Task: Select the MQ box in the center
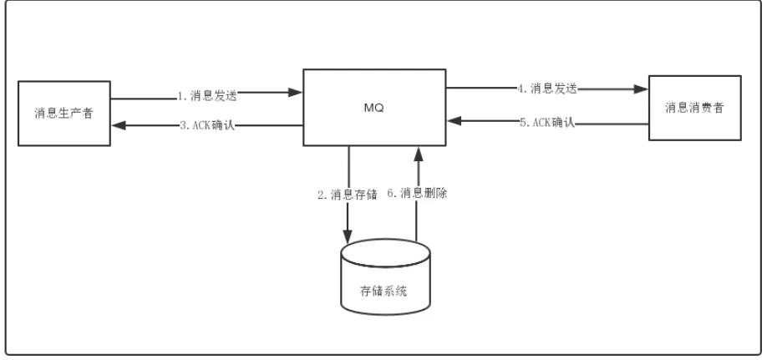373,108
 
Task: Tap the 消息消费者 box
695,108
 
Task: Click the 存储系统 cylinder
385,285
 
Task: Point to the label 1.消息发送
208,96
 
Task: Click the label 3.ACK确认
208,126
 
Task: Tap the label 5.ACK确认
547,123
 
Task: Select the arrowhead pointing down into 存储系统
348,237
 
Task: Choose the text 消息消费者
695,109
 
